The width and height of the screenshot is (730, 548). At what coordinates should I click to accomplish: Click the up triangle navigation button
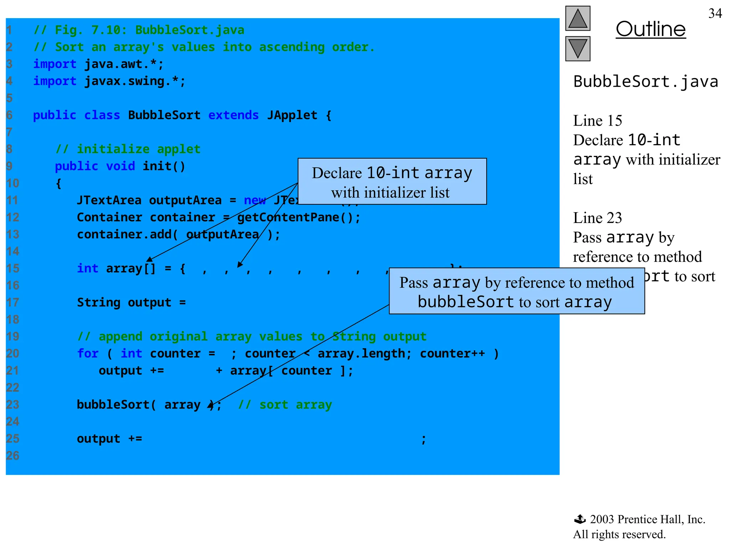577,19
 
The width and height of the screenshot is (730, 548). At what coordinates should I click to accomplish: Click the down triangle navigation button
577,49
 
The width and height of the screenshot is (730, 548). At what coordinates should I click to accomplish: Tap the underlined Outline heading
651,29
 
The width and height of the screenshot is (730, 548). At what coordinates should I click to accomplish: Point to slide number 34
715,14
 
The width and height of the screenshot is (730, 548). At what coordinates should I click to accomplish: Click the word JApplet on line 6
292,115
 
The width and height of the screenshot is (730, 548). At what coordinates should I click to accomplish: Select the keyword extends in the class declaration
233,115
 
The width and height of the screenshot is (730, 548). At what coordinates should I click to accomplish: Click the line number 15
13,268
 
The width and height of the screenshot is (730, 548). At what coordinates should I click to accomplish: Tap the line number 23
13,405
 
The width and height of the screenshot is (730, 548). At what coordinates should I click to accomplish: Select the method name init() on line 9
164,166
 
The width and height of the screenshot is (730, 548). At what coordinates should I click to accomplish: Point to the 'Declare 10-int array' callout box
392,182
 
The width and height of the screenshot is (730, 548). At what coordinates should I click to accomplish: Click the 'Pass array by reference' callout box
516,291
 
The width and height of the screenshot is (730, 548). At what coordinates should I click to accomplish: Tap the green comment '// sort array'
285,405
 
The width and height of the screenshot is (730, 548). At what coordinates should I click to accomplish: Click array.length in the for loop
361,354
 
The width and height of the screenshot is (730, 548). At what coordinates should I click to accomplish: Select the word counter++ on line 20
452,354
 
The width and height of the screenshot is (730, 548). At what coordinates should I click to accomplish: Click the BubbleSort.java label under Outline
646,82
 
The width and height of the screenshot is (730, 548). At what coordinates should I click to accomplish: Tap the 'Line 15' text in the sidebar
597,121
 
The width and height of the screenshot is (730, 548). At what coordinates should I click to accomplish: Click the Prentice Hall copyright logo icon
580,519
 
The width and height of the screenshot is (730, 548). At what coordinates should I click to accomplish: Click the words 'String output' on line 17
124,303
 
